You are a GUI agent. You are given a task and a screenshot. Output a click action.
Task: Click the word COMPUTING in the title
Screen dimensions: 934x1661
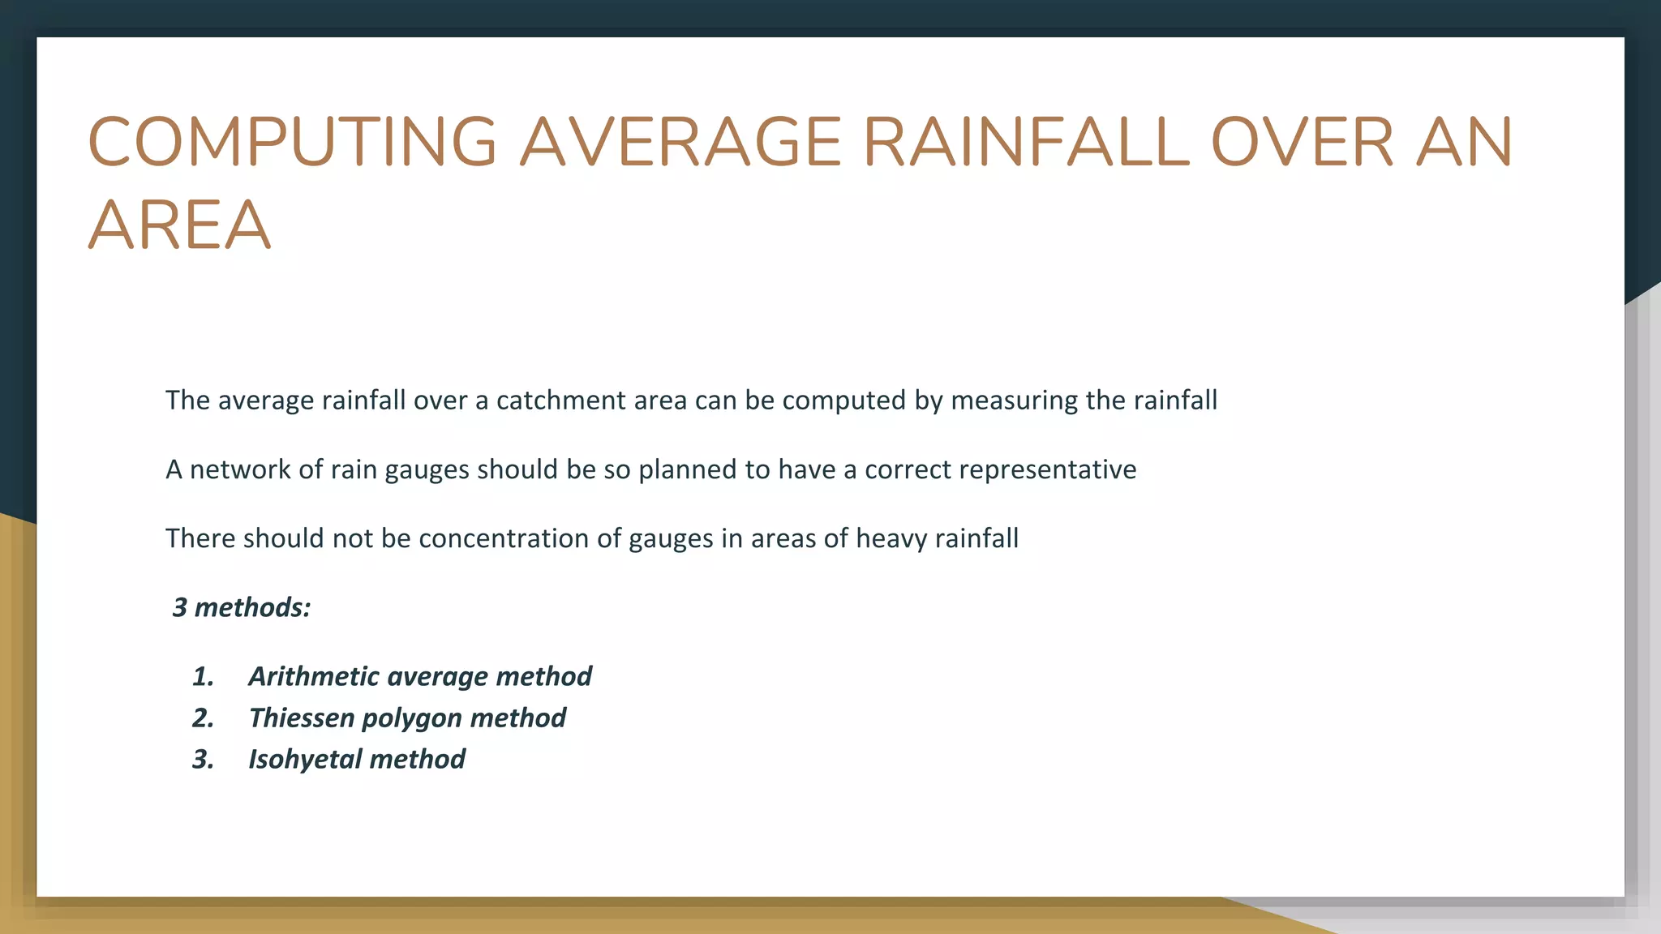coord(292,142)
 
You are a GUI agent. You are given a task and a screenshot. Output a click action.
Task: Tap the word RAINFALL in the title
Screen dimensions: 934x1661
coord(1026,142)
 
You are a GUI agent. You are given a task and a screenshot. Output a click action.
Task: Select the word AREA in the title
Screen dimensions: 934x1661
coord(178,225)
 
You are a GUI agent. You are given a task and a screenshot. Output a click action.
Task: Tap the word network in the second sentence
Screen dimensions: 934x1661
coord(240,469)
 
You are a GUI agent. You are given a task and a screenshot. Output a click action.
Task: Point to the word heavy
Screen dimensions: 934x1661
coord(891,538)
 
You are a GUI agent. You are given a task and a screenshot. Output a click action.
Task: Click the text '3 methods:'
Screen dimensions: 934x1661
coord(242,607)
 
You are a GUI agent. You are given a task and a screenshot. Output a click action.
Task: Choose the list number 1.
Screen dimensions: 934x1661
coord(203,676)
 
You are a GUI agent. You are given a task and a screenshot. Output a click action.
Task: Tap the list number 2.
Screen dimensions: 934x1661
coord(203,718)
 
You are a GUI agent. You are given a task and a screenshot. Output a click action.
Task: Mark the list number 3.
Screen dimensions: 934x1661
coord(203,759)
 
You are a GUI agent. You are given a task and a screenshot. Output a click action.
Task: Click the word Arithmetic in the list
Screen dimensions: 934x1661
coord(311,676)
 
